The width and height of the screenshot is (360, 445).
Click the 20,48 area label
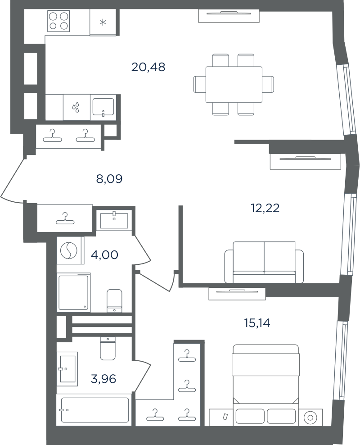click(148, 67)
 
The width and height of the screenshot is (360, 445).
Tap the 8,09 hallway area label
click(109, 179)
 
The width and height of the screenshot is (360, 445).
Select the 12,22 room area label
click(265, 208)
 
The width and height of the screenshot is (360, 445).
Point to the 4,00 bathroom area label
click(104, 255)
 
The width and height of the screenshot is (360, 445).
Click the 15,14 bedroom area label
click(257, 323)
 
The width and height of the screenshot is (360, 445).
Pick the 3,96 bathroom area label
click(103, 379)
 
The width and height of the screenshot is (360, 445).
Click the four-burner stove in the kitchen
click(58, 21)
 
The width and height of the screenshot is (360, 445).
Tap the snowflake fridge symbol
click(103, 22)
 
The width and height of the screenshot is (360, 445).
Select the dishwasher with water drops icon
click(76, 107)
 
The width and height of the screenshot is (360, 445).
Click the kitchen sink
click(103, 107)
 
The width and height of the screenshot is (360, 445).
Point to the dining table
click(234, 85)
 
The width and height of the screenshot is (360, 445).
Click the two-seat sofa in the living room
click(264, 262)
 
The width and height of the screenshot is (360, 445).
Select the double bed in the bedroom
click(265, 385)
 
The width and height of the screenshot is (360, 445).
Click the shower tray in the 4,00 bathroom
click(74, 293)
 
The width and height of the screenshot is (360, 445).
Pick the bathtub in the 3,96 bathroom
click(95, 410)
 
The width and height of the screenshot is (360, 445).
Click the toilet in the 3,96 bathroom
click(108, 349)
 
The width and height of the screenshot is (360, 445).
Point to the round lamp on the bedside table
click(310, 418)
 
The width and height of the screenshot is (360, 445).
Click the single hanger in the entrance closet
click(65, 218)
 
